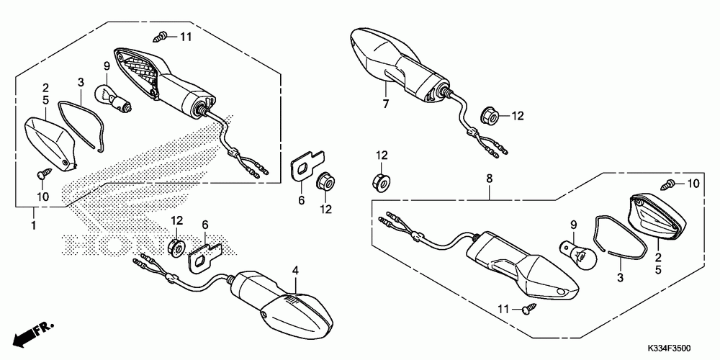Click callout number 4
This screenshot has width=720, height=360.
[295, 271]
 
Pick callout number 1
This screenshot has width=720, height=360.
[33, 225]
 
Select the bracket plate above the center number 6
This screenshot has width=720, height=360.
[306, 166]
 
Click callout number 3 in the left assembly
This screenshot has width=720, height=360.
[81, 82]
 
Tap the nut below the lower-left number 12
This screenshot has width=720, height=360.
[174, 247]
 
